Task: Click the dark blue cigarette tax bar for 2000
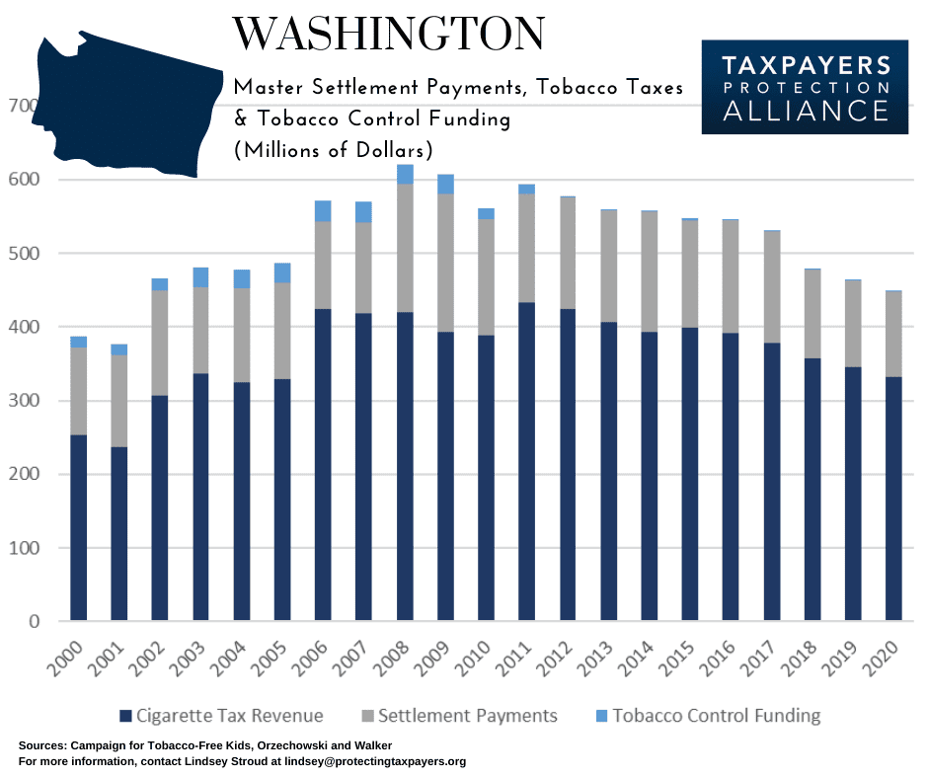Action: [x=78, y=527]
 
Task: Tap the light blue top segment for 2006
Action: [x=322, y=211]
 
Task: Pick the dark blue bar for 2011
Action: [x=525, y=523]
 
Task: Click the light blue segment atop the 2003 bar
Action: [x=200, y=277]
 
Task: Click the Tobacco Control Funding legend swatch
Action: [x=597, y=715]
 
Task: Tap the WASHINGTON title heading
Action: [x=388, y=36]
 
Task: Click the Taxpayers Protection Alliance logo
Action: [x=804, y=87]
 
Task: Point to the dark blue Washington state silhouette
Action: [x=118, y=104]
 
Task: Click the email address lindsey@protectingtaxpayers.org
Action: [x=377, y=761]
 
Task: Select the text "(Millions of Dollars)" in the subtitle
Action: [x=334, y=152]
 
